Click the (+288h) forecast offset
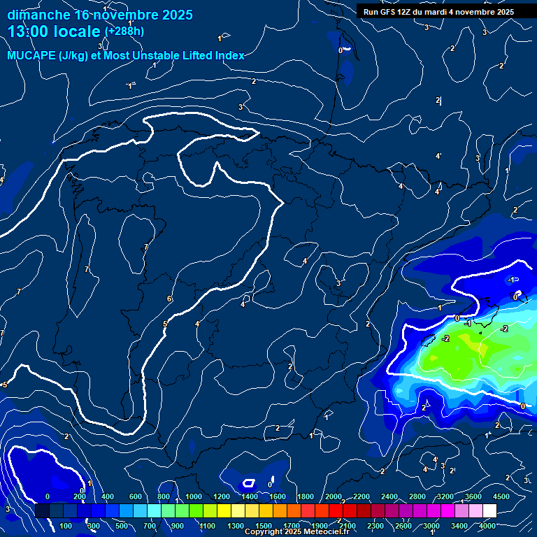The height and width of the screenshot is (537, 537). [x=124, y=31]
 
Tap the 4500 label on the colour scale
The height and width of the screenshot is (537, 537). [x=501, y=496]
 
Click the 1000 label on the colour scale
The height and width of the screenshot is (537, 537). [x=194, y=496]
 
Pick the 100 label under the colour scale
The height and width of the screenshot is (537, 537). [x=66, y=526]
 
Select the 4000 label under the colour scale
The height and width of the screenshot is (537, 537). [x=487, y=526]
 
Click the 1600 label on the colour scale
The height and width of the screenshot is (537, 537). [x=278, y=496]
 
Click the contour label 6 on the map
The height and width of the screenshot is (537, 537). [x=169, y=299]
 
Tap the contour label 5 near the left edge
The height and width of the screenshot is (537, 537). [x=5, y=385]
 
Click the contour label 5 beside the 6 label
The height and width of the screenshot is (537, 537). [x=165, y=324]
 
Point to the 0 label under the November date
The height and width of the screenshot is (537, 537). [x=341, y=50]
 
